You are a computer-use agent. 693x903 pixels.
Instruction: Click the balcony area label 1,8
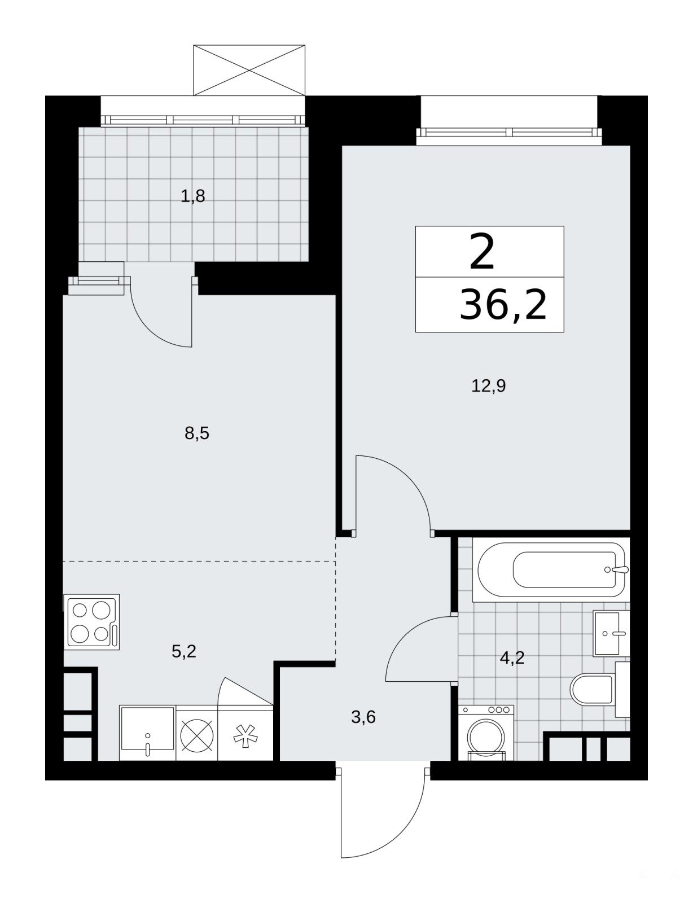pos(193,196)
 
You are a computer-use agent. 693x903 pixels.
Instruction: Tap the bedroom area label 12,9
pos(488,386)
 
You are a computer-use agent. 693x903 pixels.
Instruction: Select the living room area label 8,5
pos(197,433)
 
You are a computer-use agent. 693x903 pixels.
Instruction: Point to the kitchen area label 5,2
pos(183,651)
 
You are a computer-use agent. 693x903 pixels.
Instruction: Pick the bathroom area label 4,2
pos(512,658)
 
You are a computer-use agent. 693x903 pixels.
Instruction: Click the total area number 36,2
pos(503,305)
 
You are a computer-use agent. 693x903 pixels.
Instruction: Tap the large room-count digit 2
pos(482,251)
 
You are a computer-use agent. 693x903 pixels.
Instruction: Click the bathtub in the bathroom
pos(551,569)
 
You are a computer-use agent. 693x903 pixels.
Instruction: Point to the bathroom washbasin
pos(611,633)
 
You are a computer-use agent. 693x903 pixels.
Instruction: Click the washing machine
pos(486,733)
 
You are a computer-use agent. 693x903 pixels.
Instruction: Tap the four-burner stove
pos(91,622)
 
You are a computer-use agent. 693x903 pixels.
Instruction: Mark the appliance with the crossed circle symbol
pos(197,733)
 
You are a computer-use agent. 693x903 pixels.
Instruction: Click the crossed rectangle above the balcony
pos(249,70)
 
